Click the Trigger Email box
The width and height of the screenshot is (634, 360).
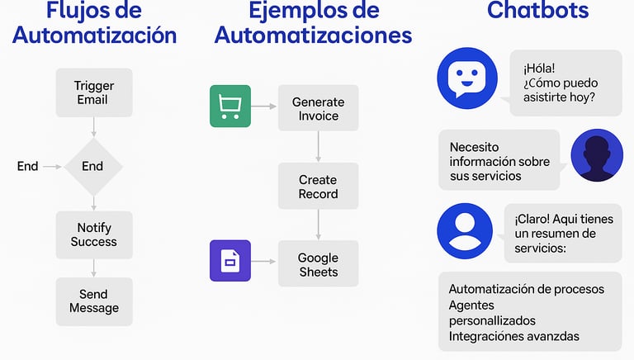pyautogui.click(x=93, y=92)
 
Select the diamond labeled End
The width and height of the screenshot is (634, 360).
pyautogui.click(x=92, y=166)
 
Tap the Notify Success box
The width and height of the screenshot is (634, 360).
pyautogui.click(x=93, y=234)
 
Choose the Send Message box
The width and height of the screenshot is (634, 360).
pyautogui.click(x=93, y=301)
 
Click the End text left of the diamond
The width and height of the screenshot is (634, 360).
pyautogui.click(x=27, y=166)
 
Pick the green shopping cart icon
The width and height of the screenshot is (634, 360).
pyautogui.click(x=230, y=107)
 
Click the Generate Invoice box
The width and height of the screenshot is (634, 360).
pyautogui.click(x=318, y=108)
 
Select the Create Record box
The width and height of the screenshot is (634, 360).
pyautogui.click(x=318, y=187)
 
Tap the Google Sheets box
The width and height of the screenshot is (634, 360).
pyautogui.click(x=318, y=264)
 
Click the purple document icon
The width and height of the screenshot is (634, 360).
pyautogui.click(x=230, y=261)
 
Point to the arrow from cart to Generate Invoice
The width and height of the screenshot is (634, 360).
pyautogui.click(x=263, y=107)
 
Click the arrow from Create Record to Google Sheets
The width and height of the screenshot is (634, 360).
pyautogui.click(x=318, y=225)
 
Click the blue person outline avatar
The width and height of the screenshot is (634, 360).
pyautogui.click(x=464, y=228)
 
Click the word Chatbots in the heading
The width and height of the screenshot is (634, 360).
pyautogui.click(x=537, y=11)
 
